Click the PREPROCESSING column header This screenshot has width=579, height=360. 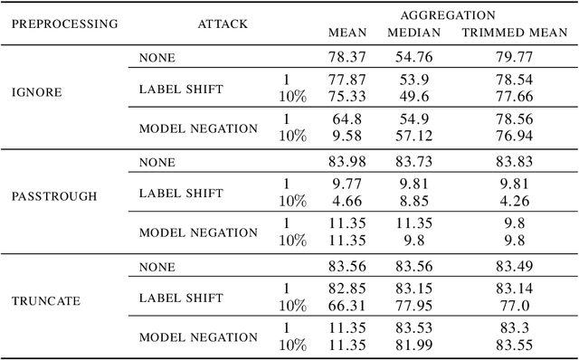[x=63, y=24]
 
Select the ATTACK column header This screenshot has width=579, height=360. [x=223, y=24]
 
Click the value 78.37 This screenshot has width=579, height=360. [x=346, y=57]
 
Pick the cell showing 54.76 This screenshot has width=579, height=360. [x=413, y=57]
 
